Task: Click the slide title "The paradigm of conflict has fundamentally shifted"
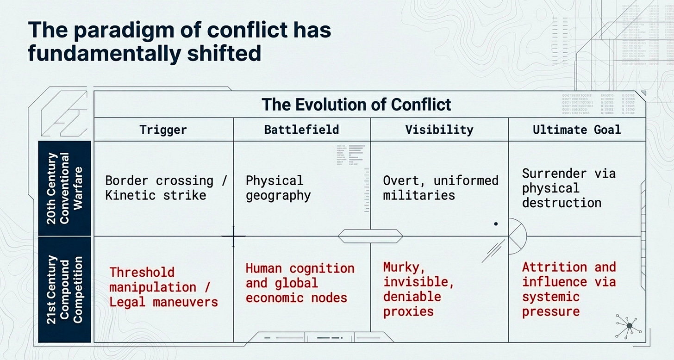point(180,42)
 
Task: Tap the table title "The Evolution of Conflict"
point(356,105)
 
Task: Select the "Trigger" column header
point(163,130)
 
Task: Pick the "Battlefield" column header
point(301,130)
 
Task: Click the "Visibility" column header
point(439,130)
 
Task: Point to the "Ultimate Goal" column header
point(577,130)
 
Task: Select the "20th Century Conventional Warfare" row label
point(64,188)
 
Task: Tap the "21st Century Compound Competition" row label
point(64,289)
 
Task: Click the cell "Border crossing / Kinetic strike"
point(166,187)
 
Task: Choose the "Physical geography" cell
point(278,187)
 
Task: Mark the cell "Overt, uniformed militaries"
point(440,187)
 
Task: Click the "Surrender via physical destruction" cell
point(568,187)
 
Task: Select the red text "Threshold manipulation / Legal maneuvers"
point(163,287)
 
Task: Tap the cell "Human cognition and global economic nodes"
point(300,283)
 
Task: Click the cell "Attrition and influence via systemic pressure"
point(568,289)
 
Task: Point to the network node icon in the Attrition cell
point(629,326)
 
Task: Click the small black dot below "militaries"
point(496,224)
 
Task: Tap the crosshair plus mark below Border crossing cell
point(233,236)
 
